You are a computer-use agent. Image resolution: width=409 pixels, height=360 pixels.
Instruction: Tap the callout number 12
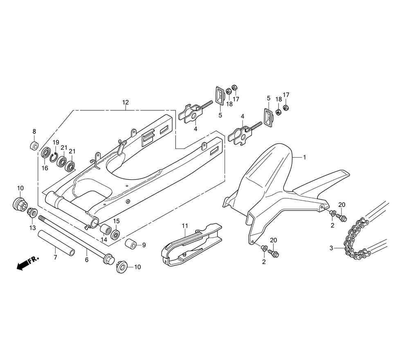click(x=125, y=102)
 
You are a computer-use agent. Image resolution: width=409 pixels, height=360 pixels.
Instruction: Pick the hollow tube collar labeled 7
click(x=57, y=243)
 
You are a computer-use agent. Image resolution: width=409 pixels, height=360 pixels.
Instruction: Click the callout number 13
click(x=32, y=227)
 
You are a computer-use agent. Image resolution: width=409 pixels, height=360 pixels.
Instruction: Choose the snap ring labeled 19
click(x=54, y=155)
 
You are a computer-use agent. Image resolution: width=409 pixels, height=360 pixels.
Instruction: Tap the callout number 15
click(x=117, y=221)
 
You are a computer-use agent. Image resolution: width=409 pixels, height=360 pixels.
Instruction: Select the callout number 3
click(x=331, y=248)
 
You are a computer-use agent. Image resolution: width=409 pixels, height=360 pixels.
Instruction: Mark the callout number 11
click(x=184, y=225)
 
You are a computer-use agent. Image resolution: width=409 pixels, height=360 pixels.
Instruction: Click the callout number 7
click(x=56, y=257)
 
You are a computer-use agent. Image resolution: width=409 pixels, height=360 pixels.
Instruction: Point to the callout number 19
click(x=56, y=142)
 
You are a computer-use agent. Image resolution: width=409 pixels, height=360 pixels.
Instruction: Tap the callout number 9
click(x=144, y=245)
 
